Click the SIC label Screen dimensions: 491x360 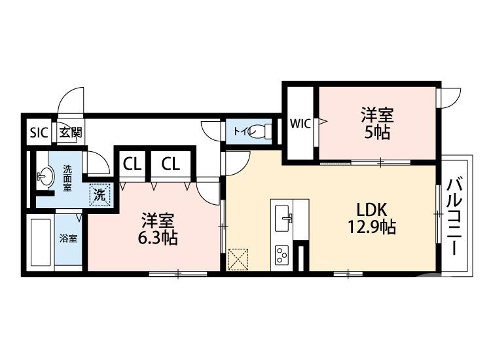click(x=39, y=132)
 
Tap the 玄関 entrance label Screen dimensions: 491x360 click(x=71, y=132)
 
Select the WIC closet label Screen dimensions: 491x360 click(x=300, y=124)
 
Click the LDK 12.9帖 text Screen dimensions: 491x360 click(x=373, y=219)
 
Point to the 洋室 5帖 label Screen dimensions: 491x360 click(x=377, y=123)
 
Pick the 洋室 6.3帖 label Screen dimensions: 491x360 click(x=158, y=229)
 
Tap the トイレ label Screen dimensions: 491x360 click(x=245, y=132)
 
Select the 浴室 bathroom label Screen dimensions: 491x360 click(x=68, y=238)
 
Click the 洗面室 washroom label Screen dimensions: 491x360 click(x=67, y=178)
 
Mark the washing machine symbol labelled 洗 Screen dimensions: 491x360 click(x=100, y=195)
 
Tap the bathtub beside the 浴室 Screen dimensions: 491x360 click(x=41, y=242)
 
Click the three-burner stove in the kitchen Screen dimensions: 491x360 click(x=282, y=255)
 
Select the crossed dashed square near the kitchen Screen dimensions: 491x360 click(x=238, y=259)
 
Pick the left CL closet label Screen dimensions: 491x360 click(x=132, y=164)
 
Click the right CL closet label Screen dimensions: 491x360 click(x=171, y=164)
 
